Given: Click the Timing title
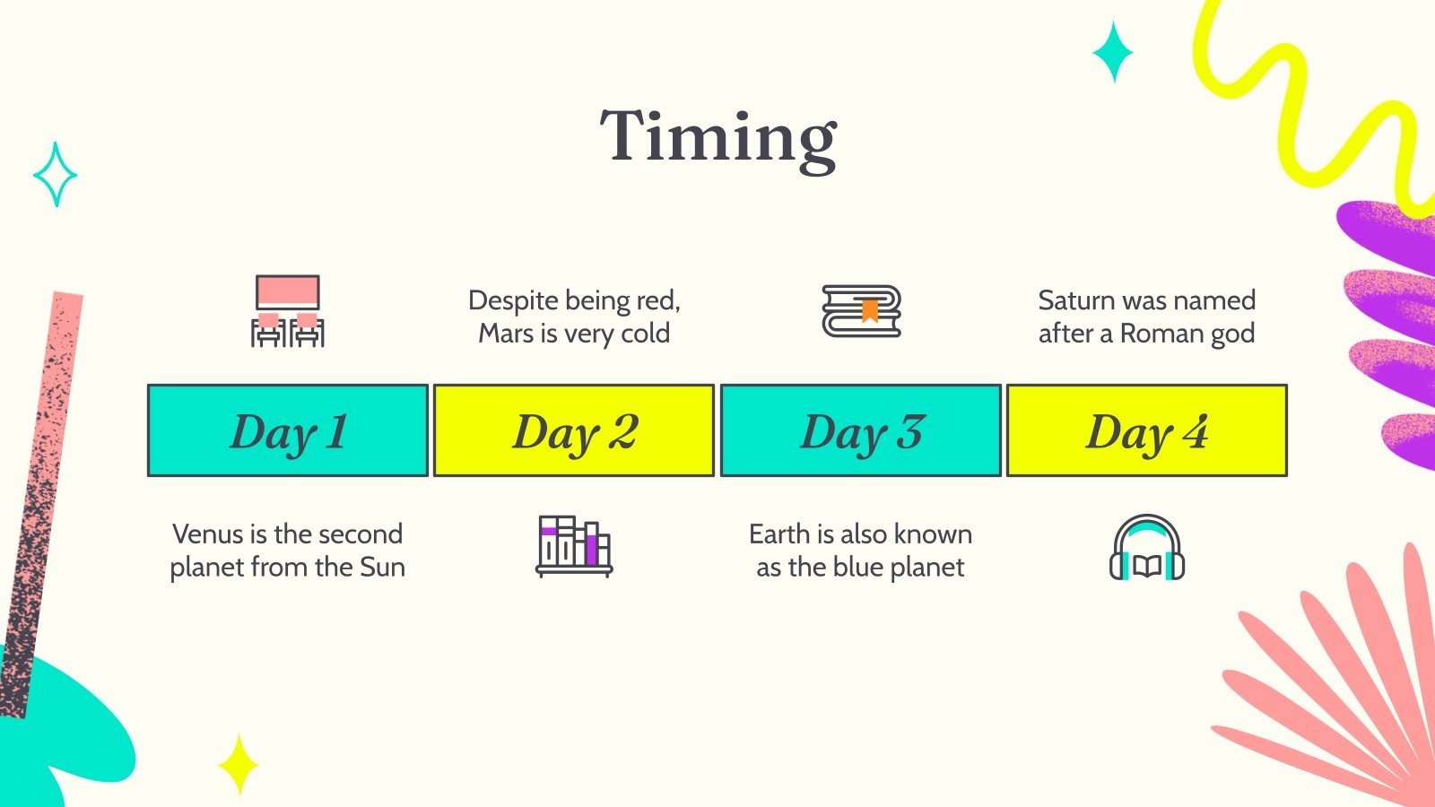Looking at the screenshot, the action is pyautogui.click(x=718, y=139).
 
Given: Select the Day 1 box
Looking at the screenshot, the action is pyautogui.click(x=288, y=430).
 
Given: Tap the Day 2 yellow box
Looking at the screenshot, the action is pyautogui.click(x=574, y=430).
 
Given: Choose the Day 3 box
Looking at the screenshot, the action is pyautogui.click(x=860, y=430).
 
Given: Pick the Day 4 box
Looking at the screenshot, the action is pyautogui.click(x=1147, y=430).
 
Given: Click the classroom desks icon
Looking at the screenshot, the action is pyautogui.click(x=288, y=311).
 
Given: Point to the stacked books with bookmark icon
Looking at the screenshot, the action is pyautogui.click(x=862, y=311).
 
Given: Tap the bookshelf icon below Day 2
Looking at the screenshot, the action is pyautogui.click(x=574, y=546).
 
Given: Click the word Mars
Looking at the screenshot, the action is pyautogui.click(x=505, y=334).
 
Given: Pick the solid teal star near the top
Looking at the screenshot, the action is pyautogui.click(x=1113, y=52).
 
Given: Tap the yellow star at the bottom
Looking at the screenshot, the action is pyautogui.click(x=239, y=765).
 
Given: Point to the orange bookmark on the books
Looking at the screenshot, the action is pyautogui.click(x=869, y=311).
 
